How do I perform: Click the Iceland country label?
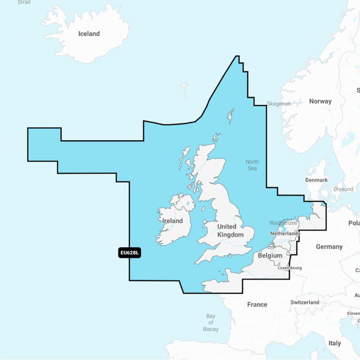pyautogui.click(x=89, y=33)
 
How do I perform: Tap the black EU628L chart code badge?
pyautogui.click(x=130, y=253)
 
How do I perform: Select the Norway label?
pyautogui.click(x=320, y=101)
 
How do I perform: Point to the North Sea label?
pyautogui.click(x=252, y=165)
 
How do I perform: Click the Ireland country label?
pyautogui.click(x=172, y=220)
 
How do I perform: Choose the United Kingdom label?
pyautogui.click(x=230, y=230)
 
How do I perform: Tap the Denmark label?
pyautogui.click(x=316, y=180)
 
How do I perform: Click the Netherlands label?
pyautogui.click(x=284, y=233)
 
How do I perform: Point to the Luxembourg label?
pyautogui.click(x=289, y=268)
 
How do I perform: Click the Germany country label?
pyautogui.click(x=329, y=246)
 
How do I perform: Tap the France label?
pyautogui.click(x=257, y=304)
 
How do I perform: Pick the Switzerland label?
pyautogui.click(x=304, y=302)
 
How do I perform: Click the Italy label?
pyautogui.click(x=334, y=343)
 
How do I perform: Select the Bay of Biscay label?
pyautogui.click(x=211, y=322)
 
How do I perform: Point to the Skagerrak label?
pyautogui.click(x=279, y=103)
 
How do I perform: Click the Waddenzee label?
pyautogui.click(x=283, y=222)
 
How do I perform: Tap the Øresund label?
pyautogui.click(x=343, y=190)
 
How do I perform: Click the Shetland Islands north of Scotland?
pyautogui.click(x=230, y=116)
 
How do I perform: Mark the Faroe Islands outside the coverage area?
pyautogui.click(x=184, y=90)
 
